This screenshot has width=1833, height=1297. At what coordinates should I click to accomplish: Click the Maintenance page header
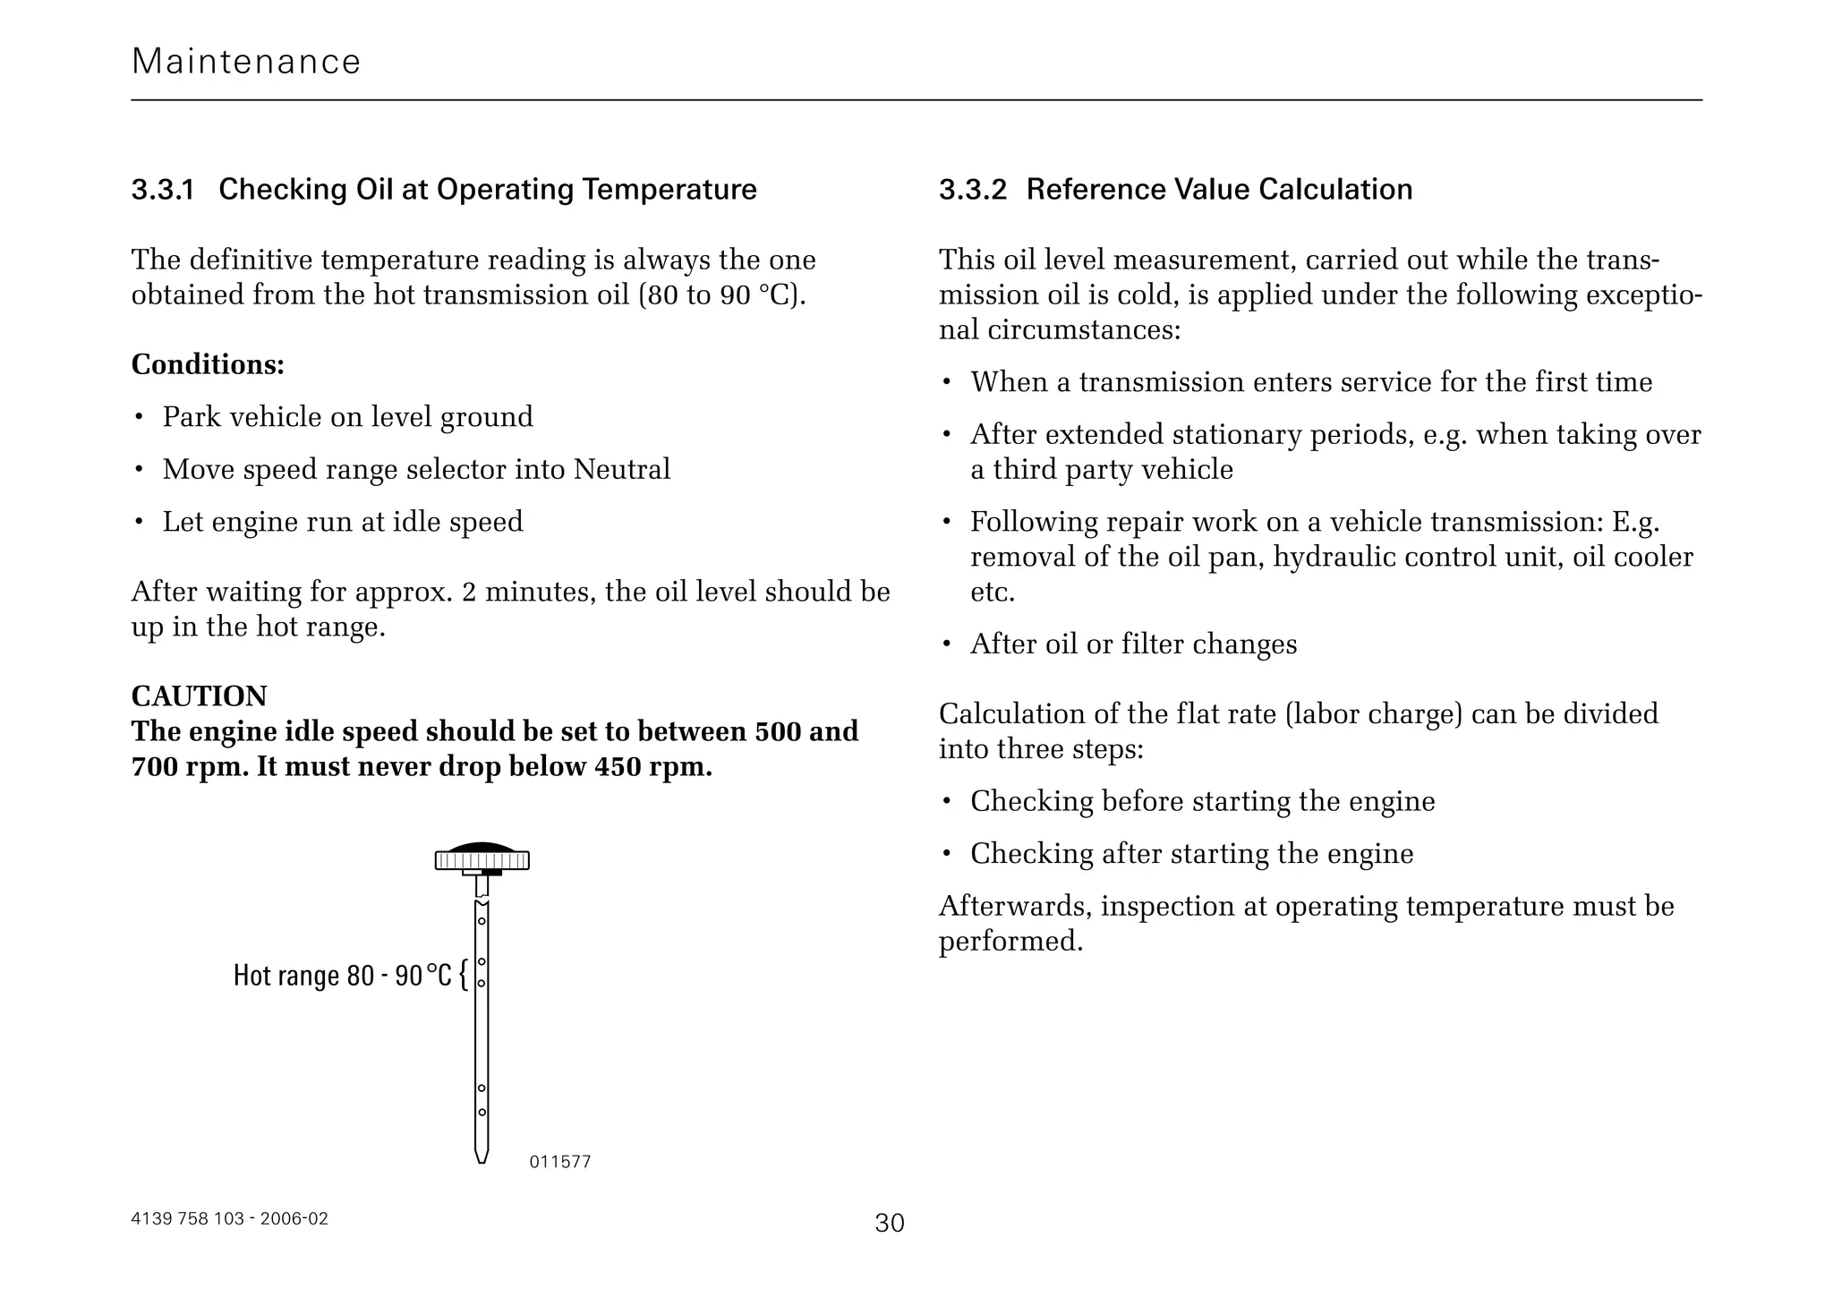tap(246, 62)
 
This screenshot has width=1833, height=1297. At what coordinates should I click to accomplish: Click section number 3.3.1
tap(162, 190)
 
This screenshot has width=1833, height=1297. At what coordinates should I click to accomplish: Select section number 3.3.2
tap(972, 190)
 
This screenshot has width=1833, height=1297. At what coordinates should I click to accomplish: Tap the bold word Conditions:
tap(208, 364)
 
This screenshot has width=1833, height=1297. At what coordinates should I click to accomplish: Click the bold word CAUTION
tap(199, 696)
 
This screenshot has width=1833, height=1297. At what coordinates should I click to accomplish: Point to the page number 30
tap(890, 1223)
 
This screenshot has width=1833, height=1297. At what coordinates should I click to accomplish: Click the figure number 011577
tap(559, 1162)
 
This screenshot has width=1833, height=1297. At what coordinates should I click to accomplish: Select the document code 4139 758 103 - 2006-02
tap(229, 1218)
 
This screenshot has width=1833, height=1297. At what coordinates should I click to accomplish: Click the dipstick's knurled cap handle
tap(482, 859)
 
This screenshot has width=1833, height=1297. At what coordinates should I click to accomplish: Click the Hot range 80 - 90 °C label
tap(342, 975)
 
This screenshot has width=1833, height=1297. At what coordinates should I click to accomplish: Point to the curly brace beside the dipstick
tap(463, 975)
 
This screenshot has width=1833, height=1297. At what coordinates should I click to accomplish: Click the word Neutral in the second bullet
tap(621, 469)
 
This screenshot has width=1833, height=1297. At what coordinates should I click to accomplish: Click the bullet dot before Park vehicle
tap(139, 418)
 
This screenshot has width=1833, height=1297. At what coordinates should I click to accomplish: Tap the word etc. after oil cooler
tap(993, 592)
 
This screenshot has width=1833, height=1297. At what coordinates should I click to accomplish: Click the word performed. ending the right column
tap(1010, 941)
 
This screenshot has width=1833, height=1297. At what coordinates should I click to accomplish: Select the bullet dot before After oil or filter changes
tap(946, 645)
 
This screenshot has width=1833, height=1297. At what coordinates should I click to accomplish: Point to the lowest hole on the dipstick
tap(482, 1112)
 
